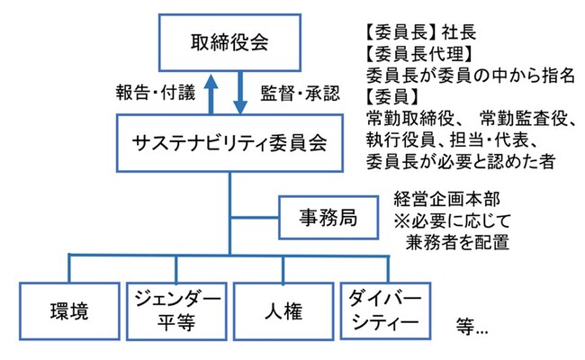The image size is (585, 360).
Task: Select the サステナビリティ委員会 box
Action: [x=229, y=142]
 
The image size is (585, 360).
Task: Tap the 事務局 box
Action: [x=326, y=216]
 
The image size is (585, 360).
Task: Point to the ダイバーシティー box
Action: [x=383, y=311]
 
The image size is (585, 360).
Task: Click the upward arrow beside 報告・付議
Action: [x=211, y=93]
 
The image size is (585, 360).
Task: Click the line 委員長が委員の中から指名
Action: [x=470, y=75]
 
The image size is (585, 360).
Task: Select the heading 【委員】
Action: [x=393, y=96]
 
